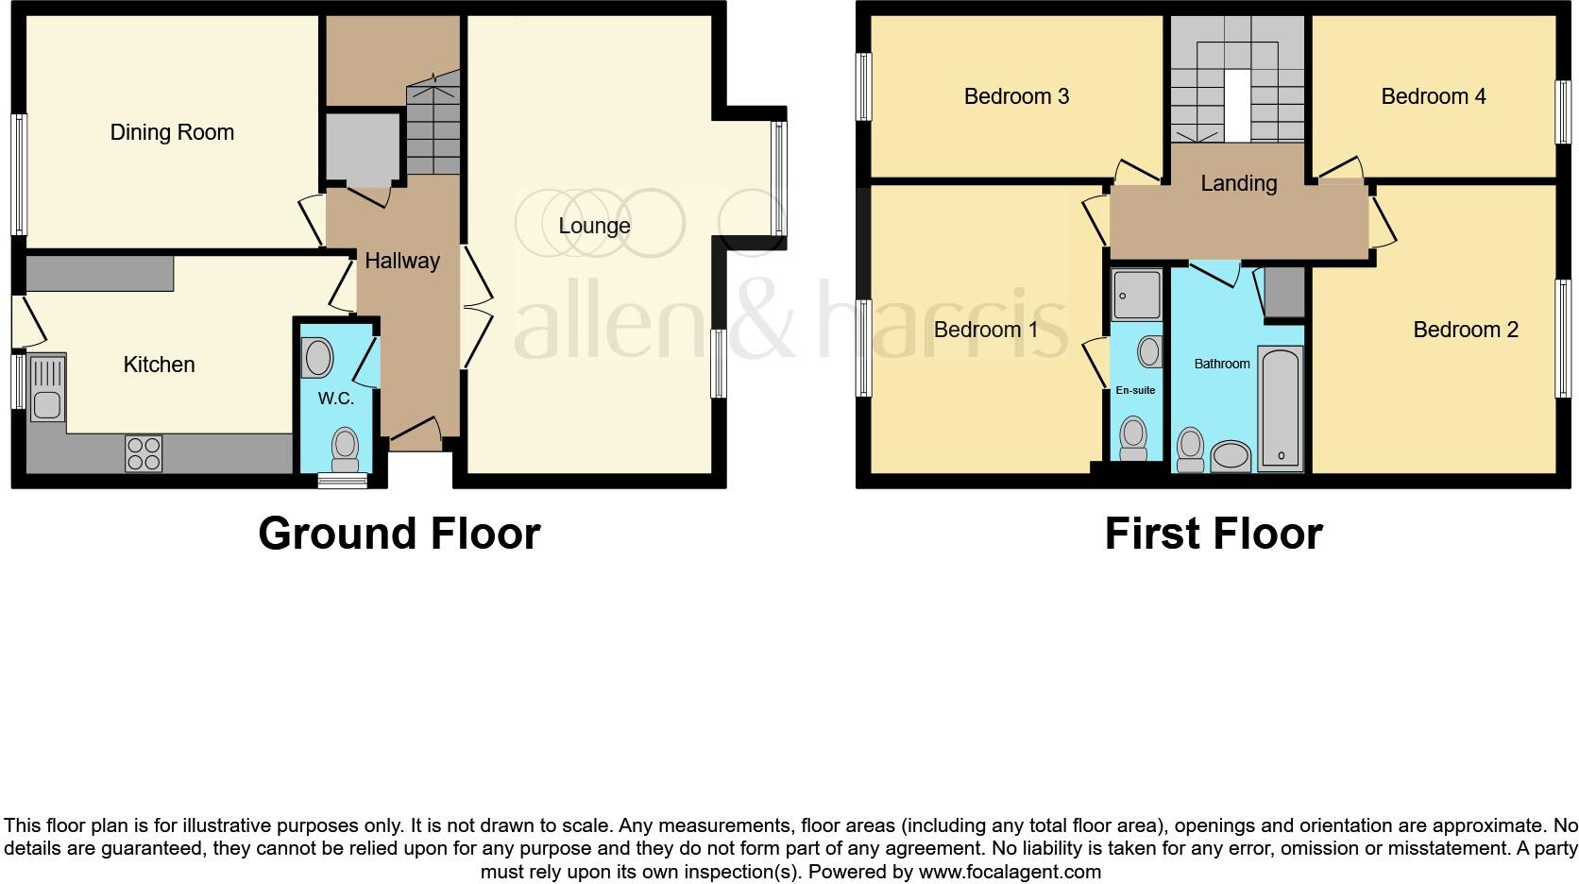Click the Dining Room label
[172, 132]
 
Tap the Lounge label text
[594, 226]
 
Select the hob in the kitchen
[144, 453]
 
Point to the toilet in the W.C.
[346, 448]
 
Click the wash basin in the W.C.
[318, 359]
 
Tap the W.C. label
[336, 399]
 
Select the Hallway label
[402, 261]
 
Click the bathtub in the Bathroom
[1282, 409]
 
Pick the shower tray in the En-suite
[1137, 294]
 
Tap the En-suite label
[1135, 390]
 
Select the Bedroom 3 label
[1016, 96]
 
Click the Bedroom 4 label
[1433, 96]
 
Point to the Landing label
[1238, 183]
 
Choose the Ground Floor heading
[399, 534]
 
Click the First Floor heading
[1214, 534]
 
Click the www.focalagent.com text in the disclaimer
[1010, 872]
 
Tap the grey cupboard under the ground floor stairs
[363, 146]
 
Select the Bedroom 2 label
[1465, 330]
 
